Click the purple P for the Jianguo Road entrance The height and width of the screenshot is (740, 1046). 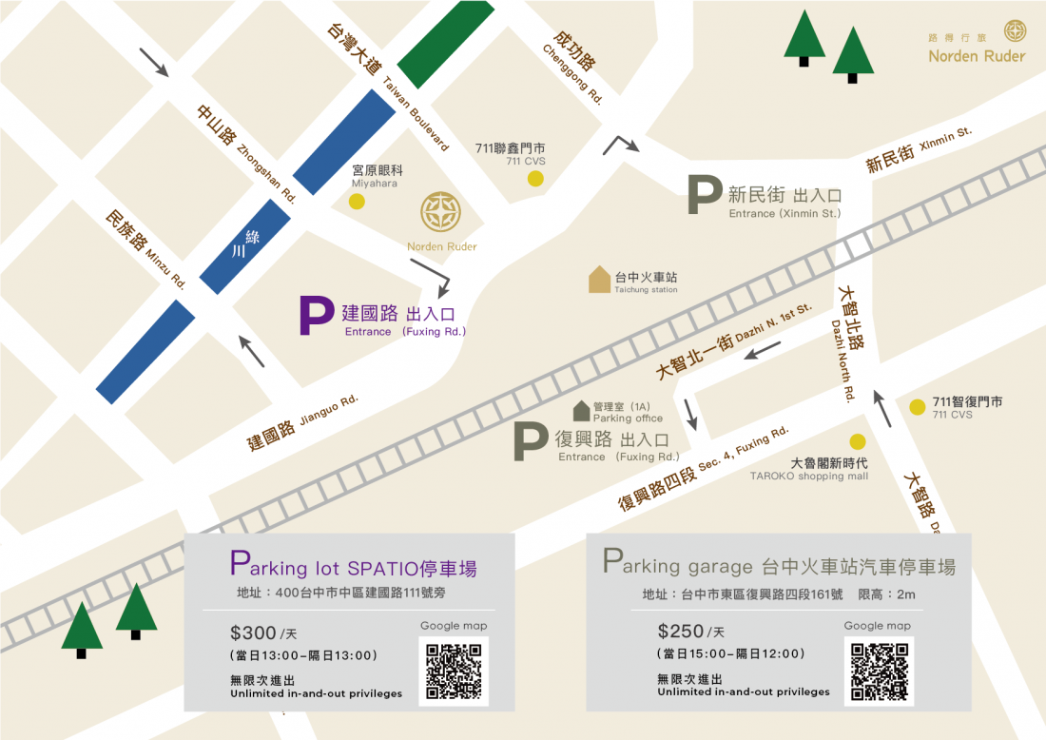316,316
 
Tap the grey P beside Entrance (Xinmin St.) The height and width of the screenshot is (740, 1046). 705,195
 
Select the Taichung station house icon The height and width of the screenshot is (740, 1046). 599,279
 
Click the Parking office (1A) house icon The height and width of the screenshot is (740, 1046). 581,411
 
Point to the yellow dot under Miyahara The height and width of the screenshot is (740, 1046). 357,201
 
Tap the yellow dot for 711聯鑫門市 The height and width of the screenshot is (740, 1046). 536,178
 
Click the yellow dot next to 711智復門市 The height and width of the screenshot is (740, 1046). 917,407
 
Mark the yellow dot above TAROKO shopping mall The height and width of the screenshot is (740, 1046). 858,441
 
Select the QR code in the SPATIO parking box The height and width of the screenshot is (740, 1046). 454,671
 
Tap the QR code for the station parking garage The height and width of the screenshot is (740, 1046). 878,671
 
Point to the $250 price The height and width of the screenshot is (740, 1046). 680,631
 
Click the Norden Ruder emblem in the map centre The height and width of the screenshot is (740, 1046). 441,212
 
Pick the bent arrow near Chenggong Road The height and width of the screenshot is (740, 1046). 621,145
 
